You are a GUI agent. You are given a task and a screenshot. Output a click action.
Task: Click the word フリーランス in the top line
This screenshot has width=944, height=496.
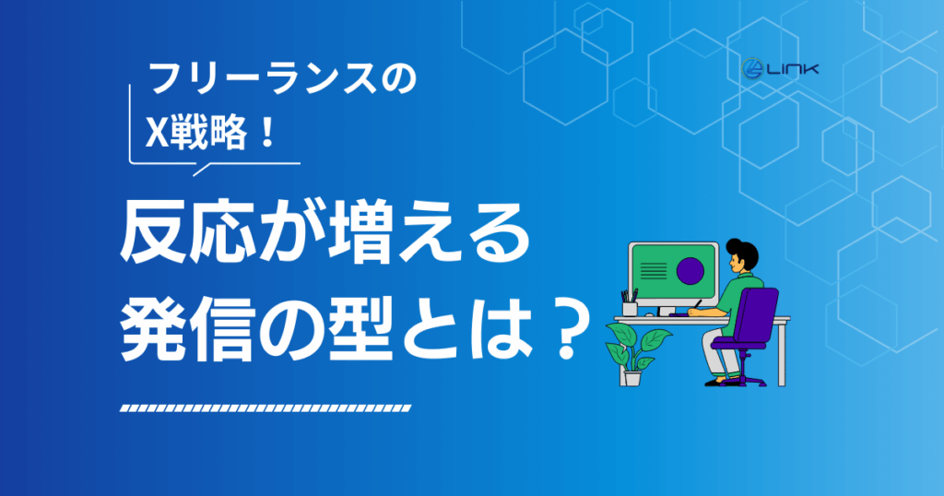pos(263,79)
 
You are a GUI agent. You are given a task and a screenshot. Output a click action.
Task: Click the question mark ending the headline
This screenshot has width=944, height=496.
pos(565,328)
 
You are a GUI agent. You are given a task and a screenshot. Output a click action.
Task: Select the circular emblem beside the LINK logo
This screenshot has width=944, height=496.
pos(752,68)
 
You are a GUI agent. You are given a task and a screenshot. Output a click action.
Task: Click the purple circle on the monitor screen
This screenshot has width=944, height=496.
pos(690,270)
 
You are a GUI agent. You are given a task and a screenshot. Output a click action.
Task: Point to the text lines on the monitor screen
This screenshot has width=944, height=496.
pos(654,270)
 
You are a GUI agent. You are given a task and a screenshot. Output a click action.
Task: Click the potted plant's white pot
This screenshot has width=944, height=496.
pos(632,378)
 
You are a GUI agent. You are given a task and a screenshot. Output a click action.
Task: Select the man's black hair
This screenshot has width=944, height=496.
pos(743,253)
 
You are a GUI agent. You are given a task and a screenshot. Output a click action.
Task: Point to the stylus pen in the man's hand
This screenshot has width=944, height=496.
pos(697,304)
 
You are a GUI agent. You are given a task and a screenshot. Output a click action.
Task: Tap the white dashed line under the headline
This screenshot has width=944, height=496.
pos(265,408)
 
